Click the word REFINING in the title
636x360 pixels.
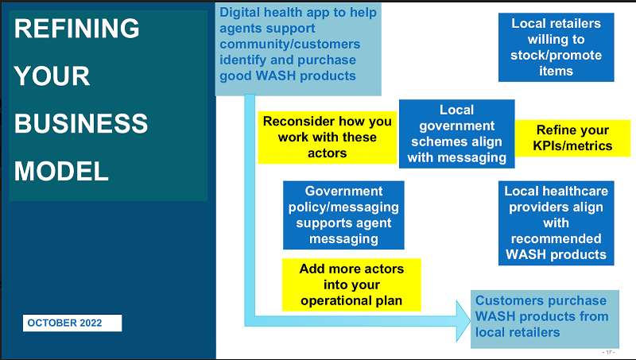[x=77, y=29]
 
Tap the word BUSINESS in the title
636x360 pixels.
[x=82, y=124]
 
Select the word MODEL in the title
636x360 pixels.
[x=62, y=171]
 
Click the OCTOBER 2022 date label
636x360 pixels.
[x=72, y=323]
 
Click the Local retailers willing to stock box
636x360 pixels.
[x=556, y=47]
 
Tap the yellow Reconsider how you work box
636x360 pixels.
[x=327, y=137]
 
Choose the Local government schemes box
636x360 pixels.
[x=456, y=134]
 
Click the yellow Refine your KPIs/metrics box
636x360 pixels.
[x=572, y=137]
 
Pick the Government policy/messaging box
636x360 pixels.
[x=343, y=215]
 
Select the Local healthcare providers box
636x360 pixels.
[x=556, y=223]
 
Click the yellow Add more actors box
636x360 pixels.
[x=351, y=285]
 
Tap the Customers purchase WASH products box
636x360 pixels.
[x=544, y=316]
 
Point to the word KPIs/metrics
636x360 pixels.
[x=572, y=145]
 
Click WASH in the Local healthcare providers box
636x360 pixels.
[x=529, y=255]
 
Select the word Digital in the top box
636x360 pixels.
[x=242, y=13]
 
